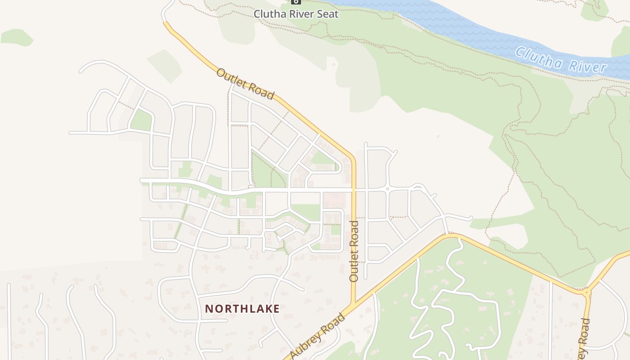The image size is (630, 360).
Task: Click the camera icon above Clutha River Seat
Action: point(296,2)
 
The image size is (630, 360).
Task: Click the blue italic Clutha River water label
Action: point(560,60)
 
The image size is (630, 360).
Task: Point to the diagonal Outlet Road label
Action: point(245,84)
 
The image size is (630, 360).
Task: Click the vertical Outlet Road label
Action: point(354,251)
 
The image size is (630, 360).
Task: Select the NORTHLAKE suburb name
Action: point(242,309)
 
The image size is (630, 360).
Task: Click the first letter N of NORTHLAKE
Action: point(209,309)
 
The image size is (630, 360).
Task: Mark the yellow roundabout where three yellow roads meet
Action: point(586,293)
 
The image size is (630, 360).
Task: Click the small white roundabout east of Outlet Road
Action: point(387,189)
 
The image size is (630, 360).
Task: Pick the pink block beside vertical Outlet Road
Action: point(335,199)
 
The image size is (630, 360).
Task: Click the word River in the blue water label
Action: point(587,66)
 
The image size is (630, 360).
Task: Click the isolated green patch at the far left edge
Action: point(17,37)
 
